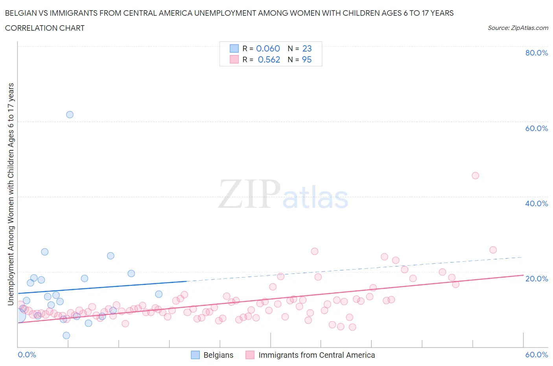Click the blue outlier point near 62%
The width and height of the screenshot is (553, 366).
tap(70, 115)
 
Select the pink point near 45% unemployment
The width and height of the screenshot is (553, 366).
tap(475, 176)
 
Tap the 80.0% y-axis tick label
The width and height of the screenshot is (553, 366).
tap(536, 53)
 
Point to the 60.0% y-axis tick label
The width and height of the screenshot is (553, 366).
tap(536, 128)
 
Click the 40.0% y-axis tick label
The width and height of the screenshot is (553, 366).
tap(536, 203)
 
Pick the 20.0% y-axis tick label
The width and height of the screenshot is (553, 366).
tap(536, 279)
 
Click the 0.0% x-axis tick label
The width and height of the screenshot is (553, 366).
tap(27, 355)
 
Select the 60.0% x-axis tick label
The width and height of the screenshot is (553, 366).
tap(536, 355)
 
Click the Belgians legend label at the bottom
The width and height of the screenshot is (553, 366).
tap(218, 355)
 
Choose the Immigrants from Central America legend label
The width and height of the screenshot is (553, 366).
tap(317, 355)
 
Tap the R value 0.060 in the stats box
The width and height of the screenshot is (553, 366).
tap(268, 48)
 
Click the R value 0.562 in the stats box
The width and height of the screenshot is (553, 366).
tap(269, 59)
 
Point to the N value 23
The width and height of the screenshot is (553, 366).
tap(307, 48)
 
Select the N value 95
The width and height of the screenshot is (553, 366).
tap(307, 59)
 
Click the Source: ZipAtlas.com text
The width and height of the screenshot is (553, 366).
tap(518, 28)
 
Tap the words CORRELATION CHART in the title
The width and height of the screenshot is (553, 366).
tap(45, 28)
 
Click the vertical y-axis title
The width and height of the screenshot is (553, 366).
tap(11, 194)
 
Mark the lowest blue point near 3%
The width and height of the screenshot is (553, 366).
tap(66, 335)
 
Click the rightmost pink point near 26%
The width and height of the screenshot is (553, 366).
tap(493, 250)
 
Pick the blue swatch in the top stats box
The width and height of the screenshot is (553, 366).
tap(234, 48)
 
